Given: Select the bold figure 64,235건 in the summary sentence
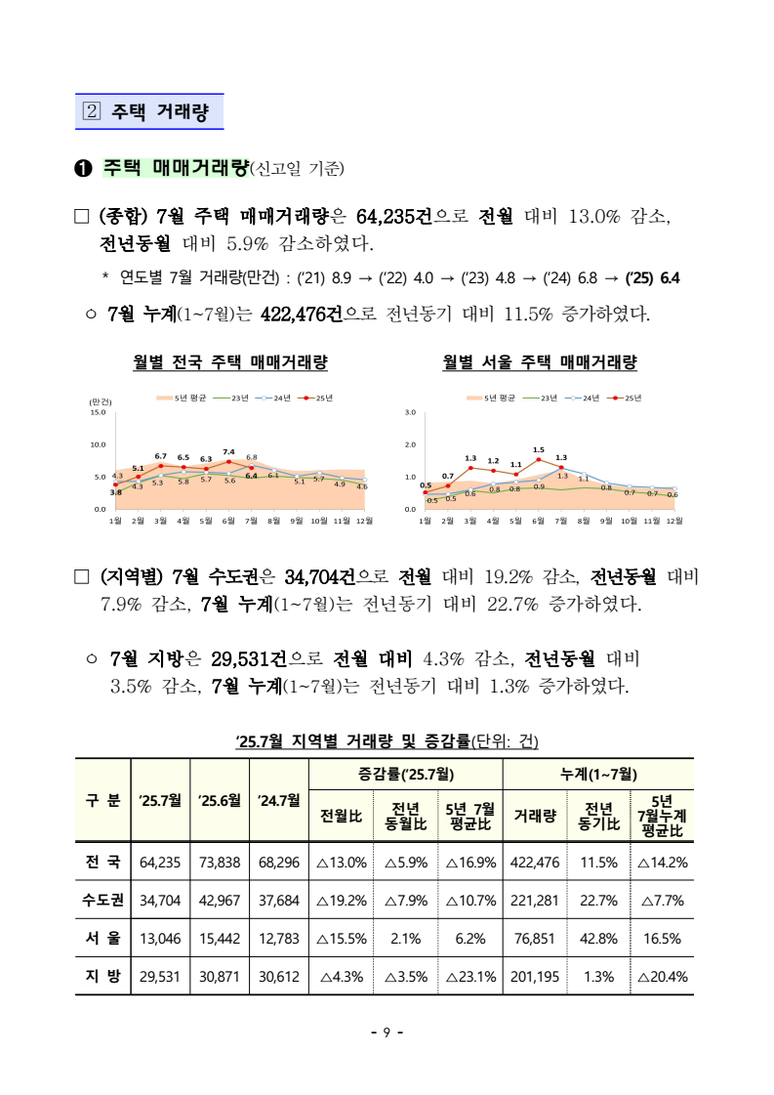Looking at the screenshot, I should (x=396, y=215).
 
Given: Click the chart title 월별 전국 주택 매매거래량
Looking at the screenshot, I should (x=230, y=362).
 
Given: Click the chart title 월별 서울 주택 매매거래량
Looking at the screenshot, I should (x=540, y=362).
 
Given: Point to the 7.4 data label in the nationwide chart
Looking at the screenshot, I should (x=228, y=452).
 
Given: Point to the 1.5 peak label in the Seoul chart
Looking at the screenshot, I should (x=538, y=450).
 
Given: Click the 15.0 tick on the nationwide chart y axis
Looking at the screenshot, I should (x=97, y=412).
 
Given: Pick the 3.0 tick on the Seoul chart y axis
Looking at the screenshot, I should (x=411, y=412).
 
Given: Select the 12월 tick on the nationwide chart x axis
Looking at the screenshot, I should (x=363, y=521).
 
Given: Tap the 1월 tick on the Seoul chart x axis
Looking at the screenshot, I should (x=425, y=521).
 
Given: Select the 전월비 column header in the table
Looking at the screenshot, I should (x=341, y=816).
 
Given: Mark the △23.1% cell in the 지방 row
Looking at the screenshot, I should (x=470, y=975).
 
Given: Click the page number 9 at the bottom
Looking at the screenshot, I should (x=387, y=1032).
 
